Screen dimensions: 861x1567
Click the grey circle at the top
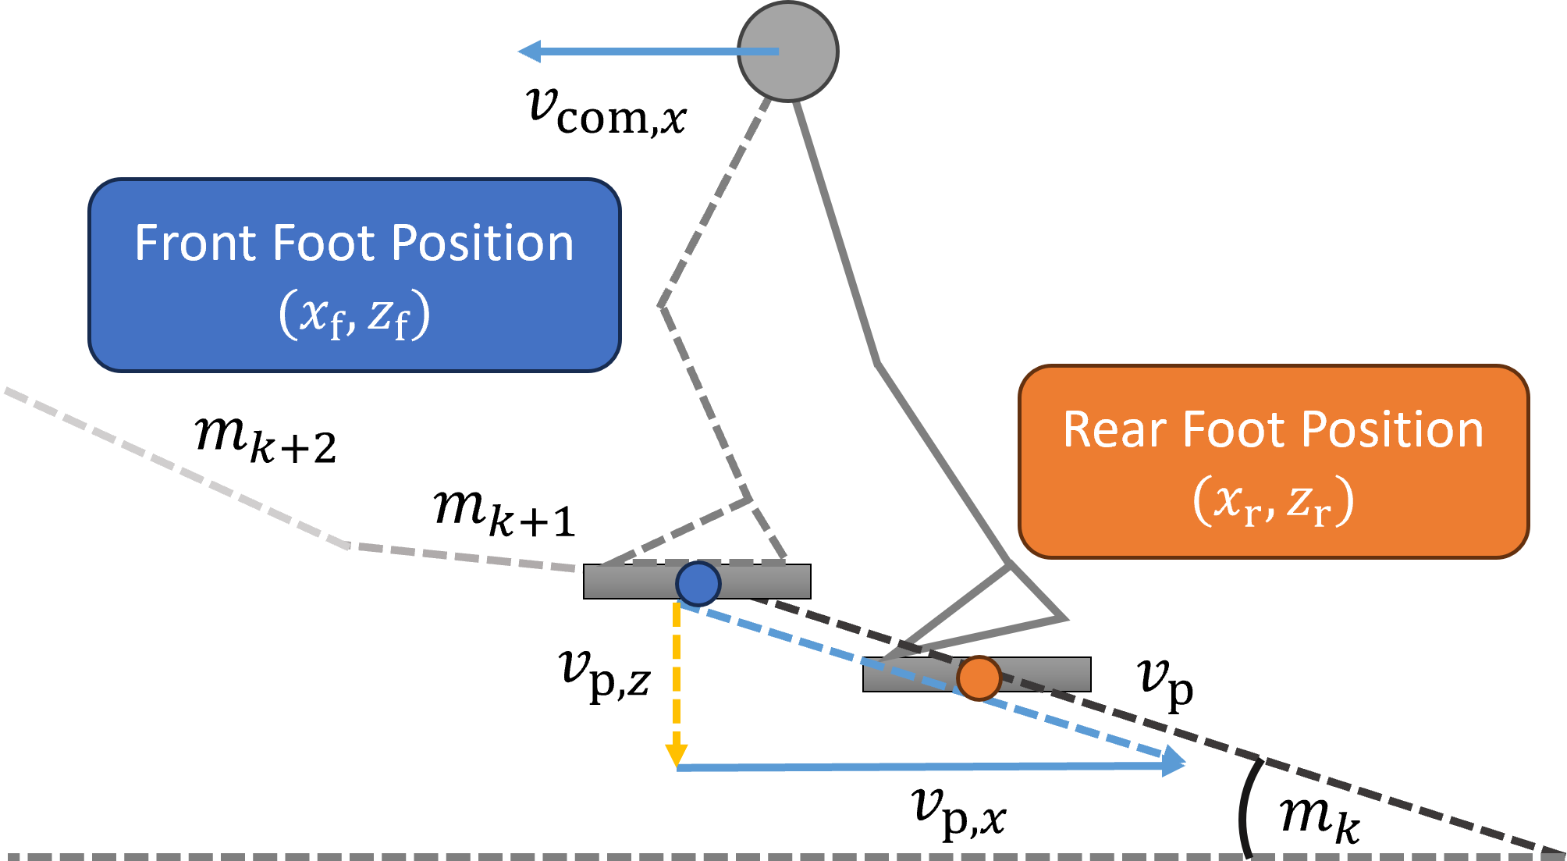click(788, 52)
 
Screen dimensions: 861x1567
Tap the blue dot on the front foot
click(698, 583)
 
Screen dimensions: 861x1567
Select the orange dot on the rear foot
click(979, 678)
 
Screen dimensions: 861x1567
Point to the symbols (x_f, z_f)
click(354, 314)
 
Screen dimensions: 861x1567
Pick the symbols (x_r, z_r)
click(1273, 501)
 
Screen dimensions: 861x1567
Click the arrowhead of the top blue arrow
click(530, 52)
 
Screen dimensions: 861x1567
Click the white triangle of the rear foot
click(999, 609)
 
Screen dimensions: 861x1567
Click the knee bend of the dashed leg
click(662, 305)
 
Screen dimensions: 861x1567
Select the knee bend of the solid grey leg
click(878, 361)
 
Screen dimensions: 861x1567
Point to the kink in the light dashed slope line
click(348, 545)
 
